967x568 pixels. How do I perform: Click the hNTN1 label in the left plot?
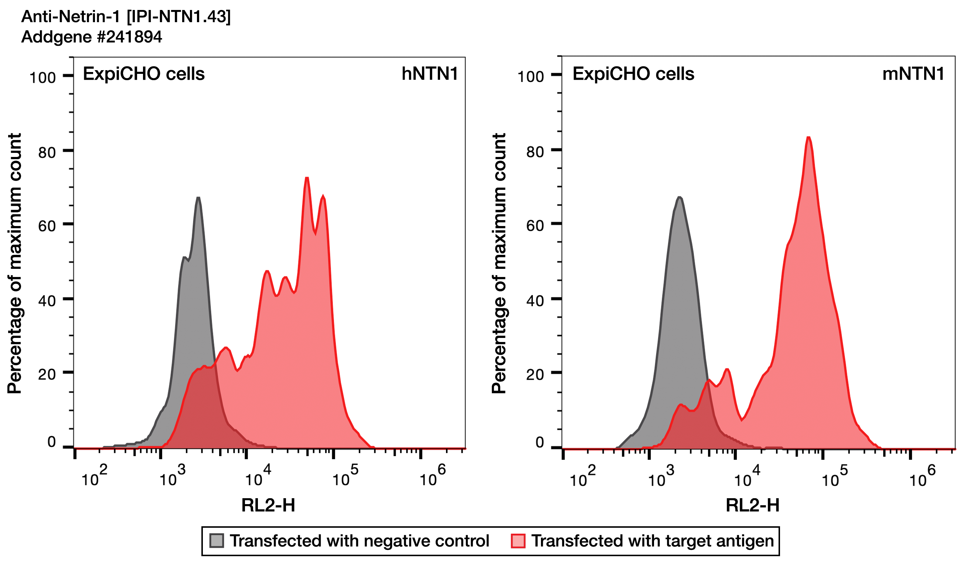tap(429, 73)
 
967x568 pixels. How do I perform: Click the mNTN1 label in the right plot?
tap(913, 73)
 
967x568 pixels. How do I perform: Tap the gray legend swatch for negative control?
tap(217, 541)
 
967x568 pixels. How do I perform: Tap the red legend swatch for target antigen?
tap(518, 541)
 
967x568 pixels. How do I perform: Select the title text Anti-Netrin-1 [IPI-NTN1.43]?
tap(126, 17)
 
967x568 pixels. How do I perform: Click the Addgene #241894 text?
tap(91, 37)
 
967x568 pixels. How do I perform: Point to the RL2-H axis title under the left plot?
tap(268, 506)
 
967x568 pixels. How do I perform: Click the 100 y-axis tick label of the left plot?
tap(42, 78)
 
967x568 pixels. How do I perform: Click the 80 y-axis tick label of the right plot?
tap(535, 152)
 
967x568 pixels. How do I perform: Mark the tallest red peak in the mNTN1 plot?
tap(808, 138)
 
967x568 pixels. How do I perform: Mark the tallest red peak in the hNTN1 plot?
tap(307, 178)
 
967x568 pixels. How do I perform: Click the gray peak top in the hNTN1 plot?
tap(198, 198)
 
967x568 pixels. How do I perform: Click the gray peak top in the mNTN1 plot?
tap(680, 198)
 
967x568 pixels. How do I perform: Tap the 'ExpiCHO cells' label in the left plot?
tap(144, 73)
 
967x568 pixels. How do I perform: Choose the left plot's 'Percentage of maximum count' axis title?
tap(14, 263)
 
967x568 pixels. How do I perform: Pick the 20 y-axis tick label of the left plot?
tap(47, 375)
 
